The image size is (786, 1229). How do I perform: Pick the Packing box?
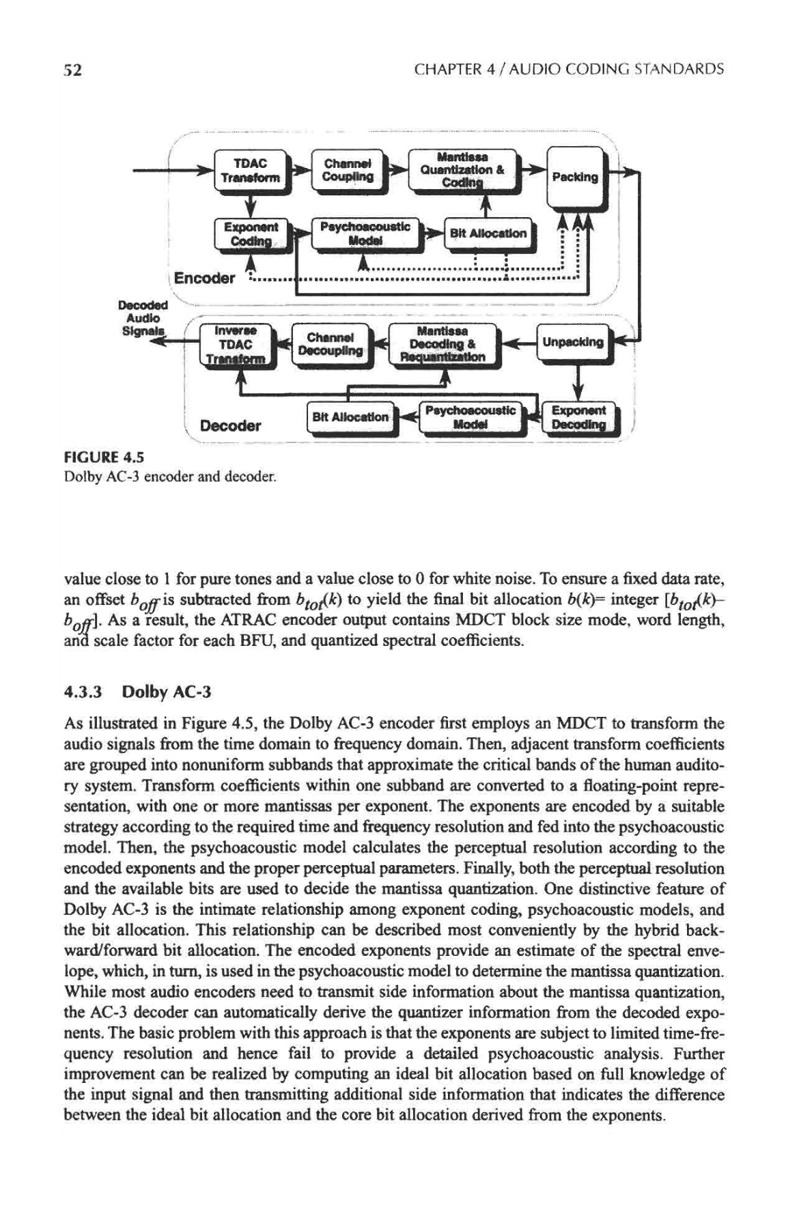(574, 177)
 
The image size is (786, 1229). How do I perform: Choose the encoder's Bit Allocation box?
(487, 234)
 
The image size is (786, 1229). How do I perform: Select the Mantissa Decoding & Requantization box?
(443, 344)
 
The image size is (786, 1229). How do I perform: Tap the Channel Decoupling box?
(329, 344)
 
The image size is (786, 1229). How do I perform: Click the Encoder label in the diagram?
(204, 278)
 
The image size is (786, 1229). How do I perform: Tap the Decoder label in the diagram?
(230, 425)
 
